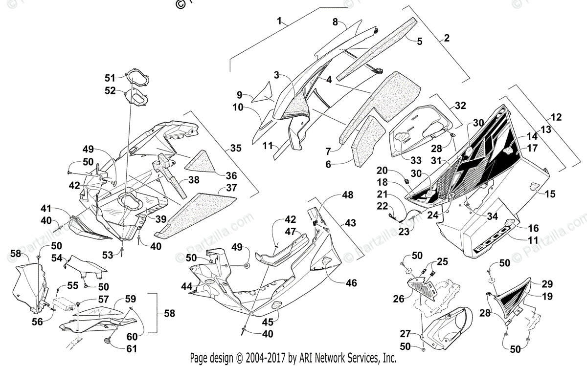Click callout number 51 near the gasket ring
point(110,78)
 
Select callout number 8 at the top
point(335,22)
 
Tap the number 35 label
point(235,148)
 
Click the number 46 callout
point(351,282)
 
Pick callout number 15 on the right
point(550,194)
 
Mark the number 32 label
point(460,105)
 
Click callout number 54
point(57,258)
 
